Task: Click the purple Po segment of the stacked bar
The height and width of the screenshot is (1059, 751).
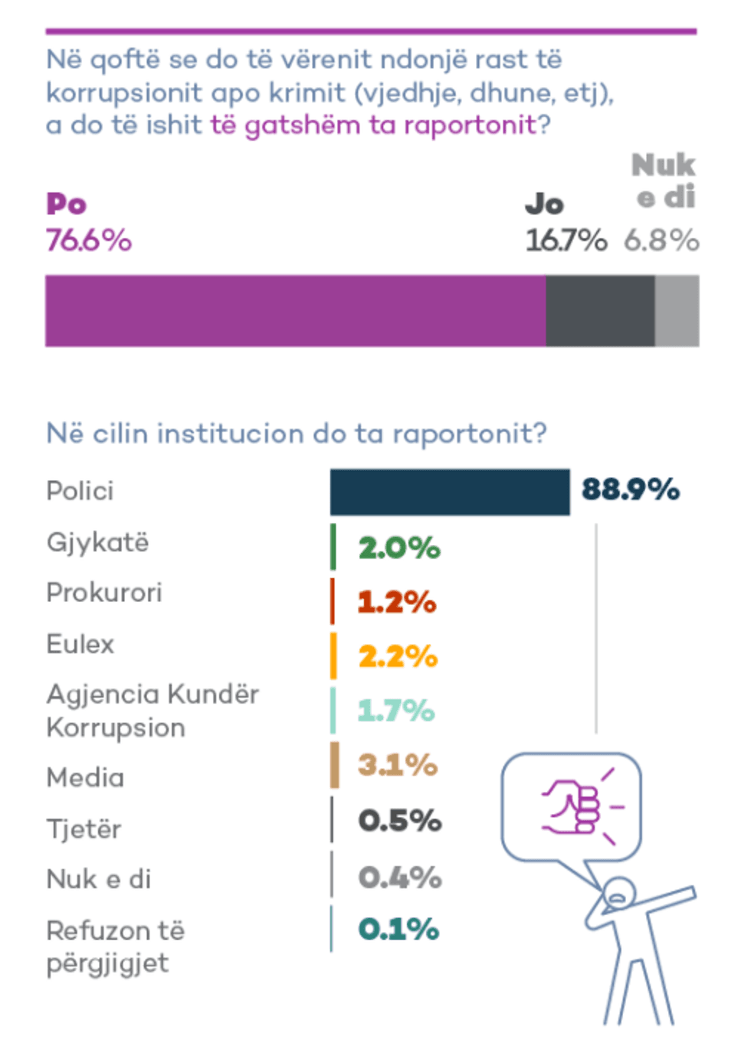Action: pyautogui.click(x=295, y=311)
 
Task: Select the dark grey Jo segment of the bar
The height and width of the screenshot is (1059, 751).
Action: pyautogui.click(x=600, y=311)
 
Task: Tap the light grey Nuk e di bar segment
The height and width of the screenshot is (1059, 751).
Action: pyautogui.click(x=677, y=311)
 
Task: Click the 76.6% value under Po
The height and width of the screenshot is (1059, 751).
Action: pyautogui.click(x=89, y=240)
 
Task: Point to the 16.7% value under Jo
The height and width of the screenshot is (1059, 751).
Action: pyautogui.click(x=566, y=240)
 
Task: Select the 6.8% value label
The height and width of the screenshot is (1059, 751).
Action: pyautogui.click(x=661, y=240)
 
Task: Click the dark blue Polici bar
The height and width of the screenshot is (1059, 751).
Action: pyautogui.click(x=450, y=492)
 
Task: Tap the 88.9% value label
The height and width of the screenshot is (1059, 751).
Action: pyautogui.click(x=631, y=489)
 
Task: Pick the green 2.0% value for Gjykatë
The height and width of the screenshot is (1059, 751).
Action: pyautogui.click(x=399, y=547)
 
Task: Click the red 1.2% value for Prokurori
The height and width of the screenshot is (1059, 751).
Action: pyautogui.click(x=397, y=602)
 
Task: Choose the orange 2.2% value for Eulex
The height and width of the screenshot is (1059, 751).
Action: pyautogui.click(x=398, y=656)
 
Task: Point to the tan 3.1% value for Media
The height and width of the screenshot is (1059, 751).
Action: pyautogui.click(x=398, y=764)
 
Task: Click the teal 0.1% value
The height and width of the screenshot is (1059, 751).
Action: pyautogui.click(x=398, y=929)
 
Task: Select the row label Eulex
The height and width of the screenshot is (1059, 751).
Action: pyautogui.click(x=80, y=644)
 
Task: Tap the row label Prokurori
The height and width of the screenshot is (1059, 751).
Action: pyautogui.click(x=104, y=593)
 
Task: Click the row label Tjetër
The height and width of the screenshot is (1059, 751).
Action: pyautogui.click(x=84, y=829)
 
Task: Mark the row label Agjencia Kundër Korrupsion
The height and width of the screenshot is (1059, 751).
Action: pyautogui.click(x=152, y=710)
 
